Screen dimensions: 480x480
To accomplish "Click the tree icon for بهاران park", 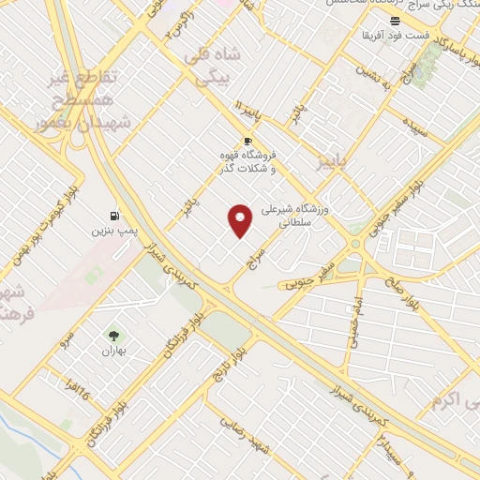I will (x=113, y=335).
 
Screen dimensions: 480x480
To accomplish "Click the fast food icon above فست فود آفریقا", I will (x=397, y=21).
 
